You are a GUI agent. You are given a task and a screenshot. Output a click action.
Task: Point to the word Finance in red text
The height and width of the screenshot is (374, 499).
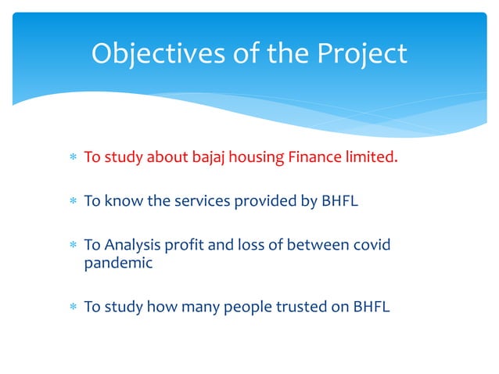(x=315, y=157)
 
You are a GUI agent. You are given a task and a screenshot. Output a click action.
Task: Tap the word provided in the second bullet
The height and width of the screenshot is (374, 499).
(x=265, y=201)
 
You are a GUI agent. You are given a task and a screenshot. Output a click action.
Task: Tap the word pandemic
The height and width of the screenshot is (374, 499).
(x=118, y=264)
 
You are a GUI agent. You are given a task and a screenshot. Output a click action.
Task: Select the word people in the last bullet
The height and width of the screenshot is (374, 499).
(x=245, y=307)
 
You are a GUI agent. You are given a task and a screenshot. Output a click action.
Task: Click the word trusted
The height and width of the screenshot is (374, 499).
(x=300, y=307)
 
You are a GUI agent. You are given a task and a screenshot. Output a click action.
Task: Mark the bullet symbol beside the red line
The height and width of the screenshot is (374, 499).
(x=72, y=158)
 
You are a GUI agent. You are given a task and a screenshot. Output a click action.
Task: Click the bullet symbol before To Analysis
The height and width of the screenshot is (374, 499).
(x=72, y=246)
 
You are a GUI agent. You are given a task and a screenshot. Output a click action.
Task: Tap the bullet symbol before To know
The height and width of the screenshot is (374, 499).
(x=72, y=202)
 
